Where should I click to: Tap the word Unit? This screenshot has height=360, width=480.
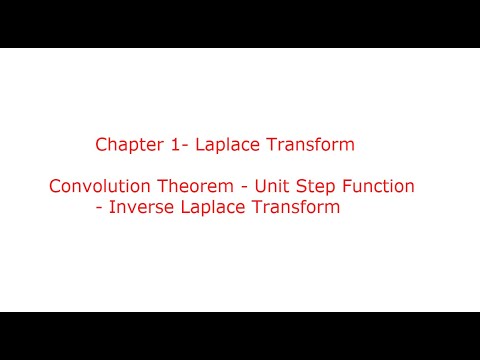tap(271, 187)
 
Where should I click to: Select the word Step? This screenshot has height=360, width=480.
tap(314, 187)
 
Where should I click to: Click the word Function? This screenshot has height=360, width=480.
tap(377, 187)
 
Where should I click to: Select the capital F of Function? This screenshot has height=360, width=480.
tap(345, 187)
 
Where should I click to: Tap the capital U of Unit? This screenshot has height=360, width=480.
tap(259, 187)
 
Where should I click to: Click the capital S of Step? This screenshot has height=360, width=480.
tap(300, 187)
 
